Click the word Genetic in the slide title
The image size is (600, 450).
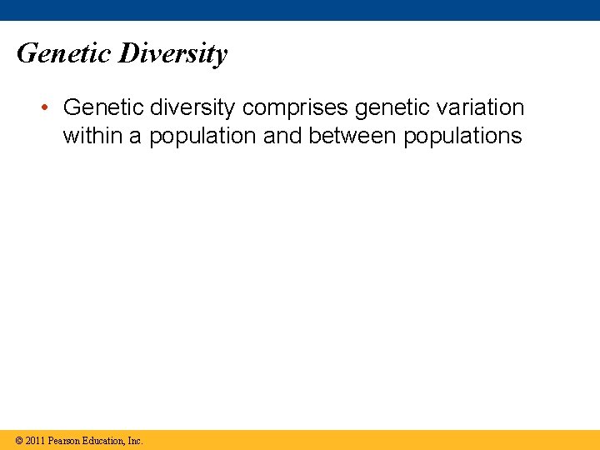click(63, 54)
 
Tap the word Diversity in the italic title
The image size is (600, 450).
click(172, 54)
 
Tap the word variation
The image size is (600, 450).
click(482, 107)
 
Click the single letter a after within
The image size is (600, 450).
click(134, 137)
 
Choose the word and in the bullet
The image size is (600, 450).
click(283, 136)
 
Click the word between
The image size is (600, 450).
click(352, 136)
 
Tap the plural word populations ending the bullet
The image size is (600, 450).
click(462, 137)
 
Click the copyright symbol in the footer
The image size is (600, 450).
click(18, 441)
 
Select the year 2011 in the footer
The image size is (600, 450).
click(35, 441)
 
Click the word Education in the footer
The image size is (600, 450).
click(104, 441)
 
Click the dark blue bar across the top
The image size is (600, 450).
click(300, 10)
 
